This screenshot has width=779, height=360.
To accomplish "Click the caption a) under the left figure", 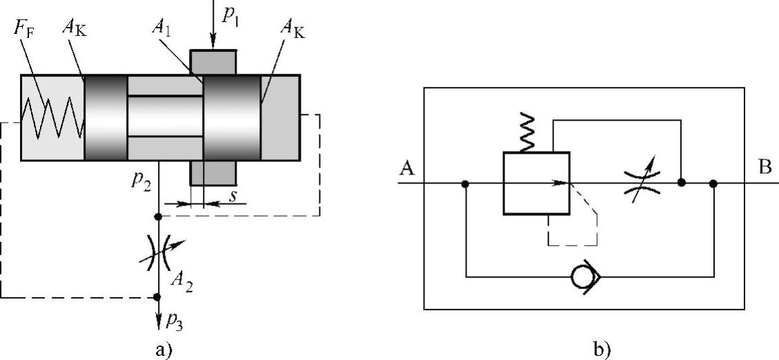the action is (162, 350).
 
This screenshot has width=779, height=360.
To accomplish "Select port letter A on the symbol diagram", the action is (406, 170).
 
